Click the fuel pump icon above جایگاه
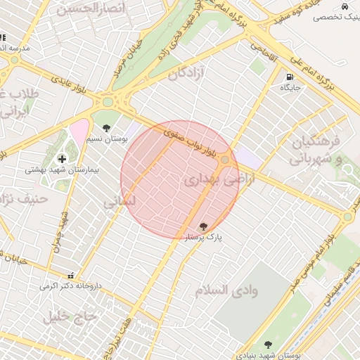(x=289, y=77)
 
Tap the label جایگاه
(x=290, y=88)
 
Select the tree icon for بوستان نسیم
(x=105, y=128)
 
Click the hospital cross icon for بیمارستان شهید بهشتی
(x=62, y=160)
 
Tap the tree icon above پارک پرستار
(x=203, y=226)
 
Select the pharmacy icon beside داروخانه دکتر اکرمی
(x=70, y=276)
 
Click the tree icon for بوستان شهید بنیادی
(x=267, y=345)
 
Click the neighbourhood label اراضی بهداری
(x=211, y=180)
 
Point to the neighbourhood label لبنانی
(x=119, y=202)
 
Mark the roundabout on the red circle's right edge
(x=225, y=162)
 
